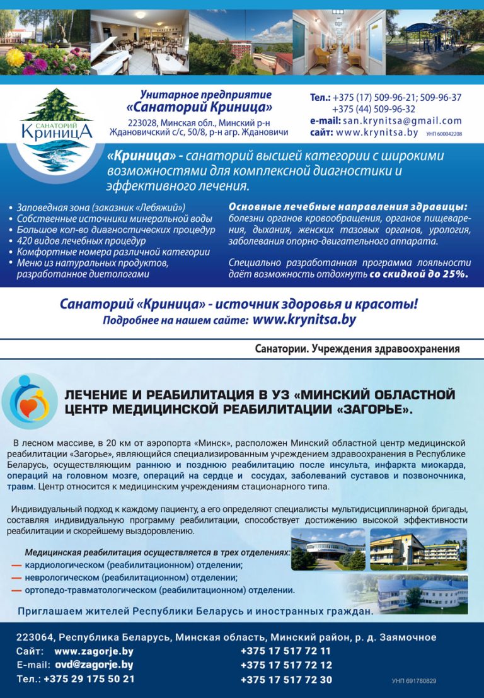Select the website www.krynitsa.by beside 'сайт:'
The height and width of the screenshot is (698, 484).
tap(377, 133)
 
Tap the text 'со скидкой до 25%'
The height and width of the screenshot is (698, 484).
tap(418, 274)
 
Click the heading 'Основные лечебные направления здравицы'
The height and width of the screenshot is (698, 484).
tap(349, 207)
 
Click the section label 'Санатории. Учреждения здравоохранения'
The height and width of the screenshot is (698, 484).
tap(357, 349)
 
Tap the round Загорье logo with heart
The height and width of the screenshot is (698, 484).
tap(29, 401)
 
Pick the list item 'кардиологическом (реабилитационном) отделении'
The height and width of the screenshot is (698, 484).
tap(134, 565)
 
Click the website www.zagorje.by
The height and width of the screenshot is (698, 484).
tap(94, 651)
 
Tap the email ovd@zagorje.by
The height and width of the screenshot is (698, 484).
tap(94, 665)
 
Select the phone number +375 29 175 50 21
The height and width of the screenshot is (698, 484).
tap(89, 679)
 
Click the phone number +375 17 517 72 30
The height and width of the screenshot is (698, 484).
tap(286, 680)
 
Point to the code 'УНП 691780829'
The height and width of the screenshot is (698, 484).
tap(413, 681)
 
